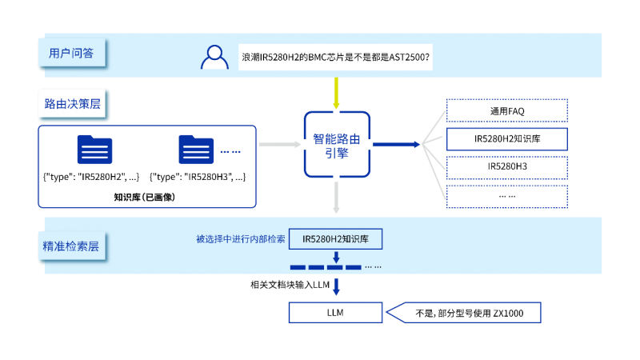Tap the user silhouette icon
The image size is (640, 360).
pos(214,57)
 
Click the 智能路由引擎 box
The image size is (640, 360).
pos(337,145)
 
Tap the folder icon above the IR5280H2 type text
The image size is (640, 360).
pos(94,150)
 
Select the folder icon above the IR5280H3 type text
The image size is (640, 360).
pos(196,150)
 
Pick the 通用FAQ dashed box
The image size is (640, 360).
pos(506,110)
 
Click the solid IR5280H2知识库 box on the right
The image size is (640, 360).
pos(506,138)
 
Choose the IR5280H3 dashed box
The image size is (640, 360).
pos(506,166)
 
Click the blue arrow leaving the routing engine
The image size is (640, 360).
pos(397,144)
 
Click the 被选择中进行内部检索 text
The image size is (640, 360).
pos(240,239)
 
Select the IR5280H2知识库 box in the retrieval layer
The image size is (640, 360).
pos(336,239)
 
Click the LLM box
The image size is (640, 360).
pos(336,313)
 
